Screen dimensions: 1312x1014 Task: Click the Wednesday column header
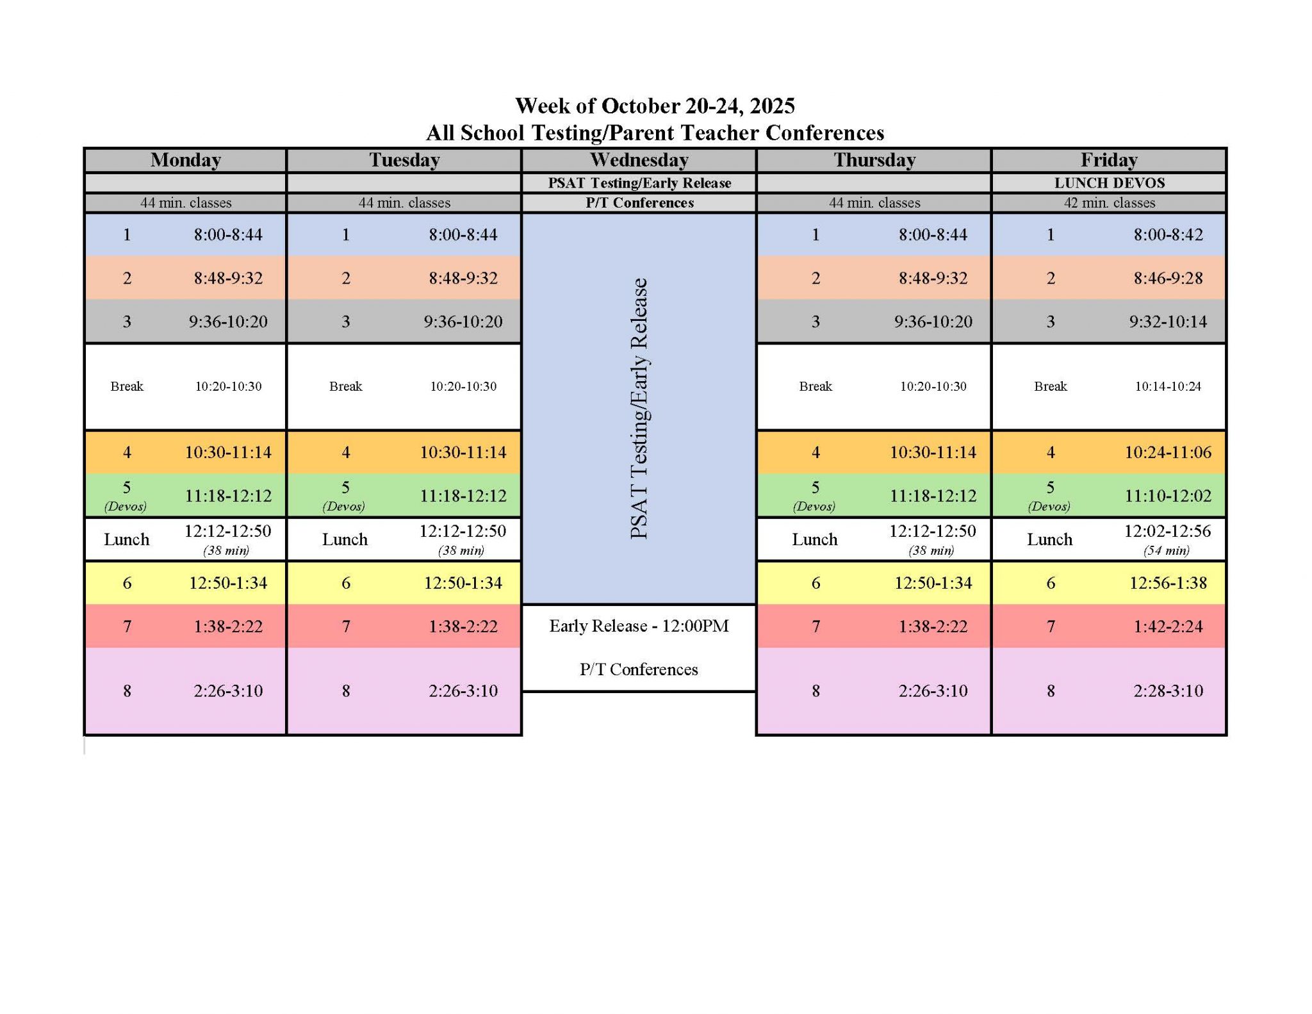639,160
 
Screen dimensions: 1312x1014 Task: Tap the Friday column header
1109,160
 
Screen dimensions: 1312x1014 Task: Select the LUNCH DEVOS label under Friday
1110,183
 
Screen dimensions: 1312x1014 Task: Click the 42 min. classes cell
1110,203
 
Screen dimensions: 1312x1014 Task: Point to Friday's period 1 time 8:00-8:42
1168,234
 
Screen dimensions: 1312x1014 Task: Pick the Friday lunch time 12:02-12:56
1167,531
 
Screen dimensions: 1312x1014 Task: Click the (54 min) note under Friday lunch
1166,550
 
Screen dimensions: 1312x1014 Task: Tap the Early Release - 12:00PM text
639,626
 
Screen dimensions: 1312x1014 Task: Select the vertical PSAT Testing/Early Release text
639,409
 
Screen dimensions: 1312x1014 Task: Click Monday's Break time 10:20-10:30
228,386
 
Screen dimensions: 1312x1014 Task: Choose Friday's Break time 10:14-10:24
1168,386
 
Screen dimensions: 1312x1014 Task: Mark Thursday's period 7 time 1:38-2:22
933,626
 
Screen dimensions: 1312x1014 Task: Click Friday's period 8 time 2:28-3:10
1168,691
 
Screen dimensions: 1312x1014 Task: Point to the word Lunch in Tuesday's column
345,539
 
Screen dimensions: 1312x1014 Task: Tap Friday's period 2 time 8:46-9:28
1168,278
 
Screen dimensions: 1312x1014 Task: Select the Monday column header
186,160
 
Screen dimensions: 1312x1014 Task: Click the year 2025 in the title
773,106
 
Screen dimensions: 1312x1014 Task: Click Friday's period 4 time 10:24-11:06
1168,452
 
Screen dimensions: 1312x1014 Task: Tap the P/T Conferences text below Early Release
639,669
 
